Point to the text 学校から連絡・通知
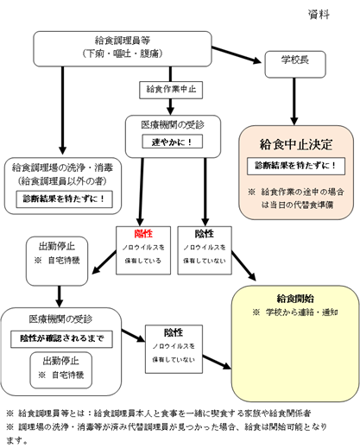click(x=299, y=312)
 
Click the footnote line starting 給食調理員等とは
click(x=173, y=412)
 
